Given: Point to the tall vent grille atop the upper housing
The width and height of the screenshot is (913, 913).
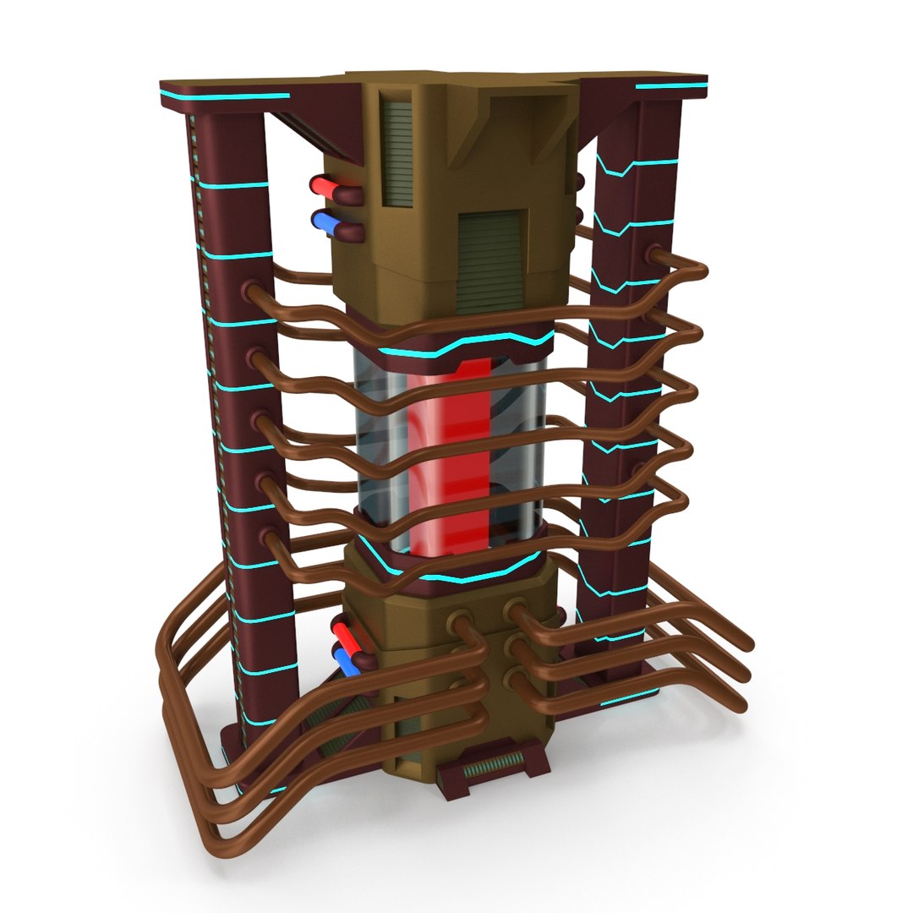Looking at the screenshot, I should point(393,148).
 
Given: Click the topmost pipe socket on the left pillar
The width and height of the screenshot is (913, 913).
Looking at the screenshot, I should point(251,292).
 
